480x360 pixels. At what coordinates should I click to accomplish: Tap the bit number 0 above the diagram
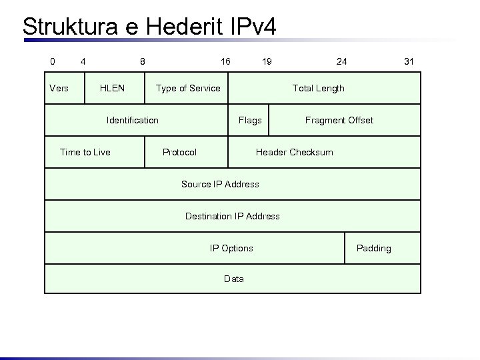[53, 61]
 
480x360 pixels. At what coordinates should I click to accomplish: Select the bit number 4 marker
[83, 61]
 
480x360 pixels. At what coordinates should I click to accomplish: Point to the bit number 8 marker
[143, 61]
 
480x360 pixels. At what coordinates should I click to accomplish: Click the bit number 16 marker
[225, 61]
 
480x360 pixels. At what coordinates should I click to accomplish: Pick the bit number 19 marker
[267, 61]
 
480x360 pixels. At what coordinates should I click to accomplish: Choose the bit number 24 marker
[341, 61]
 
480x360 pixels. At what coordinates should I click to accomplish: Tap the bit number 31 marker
[409, 61]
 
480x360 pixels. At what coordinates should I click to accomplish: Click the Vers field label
[59, 88]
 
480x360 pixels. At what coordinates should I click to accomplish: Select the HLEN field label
[112, 88]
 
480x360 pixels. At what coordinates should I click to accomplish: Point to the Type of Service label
[188, 88]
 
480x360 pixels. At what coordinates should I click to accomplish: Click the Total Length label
[319, 88]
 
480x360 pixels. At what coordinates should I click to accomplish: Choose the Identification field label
[133, 120]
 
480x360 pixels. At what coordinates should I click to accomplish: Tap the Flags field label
[250, 120]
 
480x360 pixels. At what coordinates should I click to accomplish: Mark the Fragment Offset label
[339, 120]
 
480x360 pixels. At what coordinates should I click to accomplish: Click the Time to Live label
[85, 152]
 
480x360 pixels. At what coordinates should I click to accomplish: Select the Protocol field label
[180, 152]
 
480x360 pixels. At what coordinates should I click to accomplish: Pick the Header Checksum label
[295, 152]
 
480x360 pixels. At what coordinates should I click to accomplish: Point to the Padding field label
[374, 248]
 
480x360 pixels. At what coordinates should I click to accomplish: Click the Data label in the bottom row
[234, 279]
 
